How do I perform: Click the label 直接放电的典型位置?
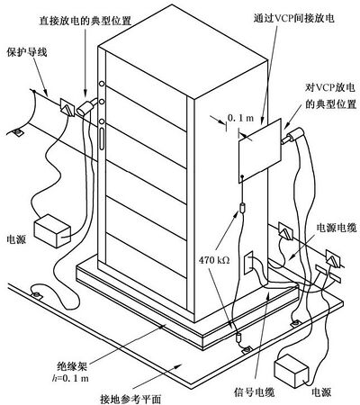coord(85,21)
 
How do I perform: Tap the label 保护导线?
coord(27,52)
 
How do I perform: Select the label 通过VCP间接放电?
coord(293,19)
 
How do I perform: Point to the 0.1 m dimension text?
coord(240,118)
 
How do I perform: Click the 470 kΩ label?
coord(214,260)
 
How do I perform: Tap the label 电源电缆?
coord(337,228)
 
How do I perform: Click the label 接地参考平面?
coord(130,399)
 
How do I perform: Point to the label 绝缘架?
coord(72,366)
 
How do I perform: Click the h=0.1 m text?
coord(69,378)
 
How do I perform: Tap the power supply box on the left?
coord(52,230)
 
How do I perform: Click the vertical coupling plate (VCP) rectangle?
coord(260,150)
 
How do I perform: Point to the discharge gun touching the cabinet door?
coord(87,106)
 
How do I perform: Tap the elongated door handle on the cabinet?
coord(102,139)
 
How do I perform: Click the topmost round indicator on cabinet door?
coord(102,84)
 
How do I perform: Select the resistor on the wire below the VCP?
coord(243,208)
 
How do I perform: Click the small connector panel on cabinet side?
coord(248,263)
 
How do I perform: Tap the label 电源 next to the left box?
coord(17,239)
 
